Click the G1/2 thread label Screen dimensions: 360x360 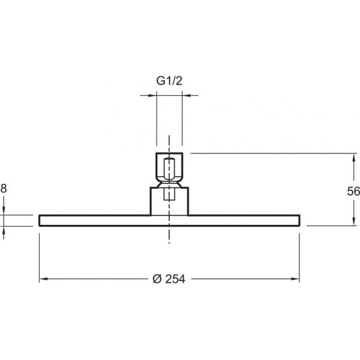pyautogui.click(x=169, y=81)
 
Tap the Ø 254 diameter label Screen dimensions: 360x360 pyautogui.click(x=169, y=279)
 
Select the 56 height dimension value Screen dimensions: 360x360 pyautogui.click(x=353, y=191)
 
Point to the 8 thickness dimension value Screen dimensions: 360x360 pyautogui.click(x=4, y=188)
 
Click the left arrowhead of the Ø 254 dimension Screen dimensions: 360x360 pyautogui.click(x=44, y=279)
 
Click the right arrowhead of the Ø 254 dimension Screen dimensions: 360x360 pyautogui.click(x=295, y=279)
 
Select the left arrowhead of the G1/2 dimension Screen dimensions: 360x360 pyautogui.click(x=152, y=95)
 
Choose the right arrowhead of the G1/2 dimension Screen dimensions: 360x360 pyautogui.click(x=186, y=95)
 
